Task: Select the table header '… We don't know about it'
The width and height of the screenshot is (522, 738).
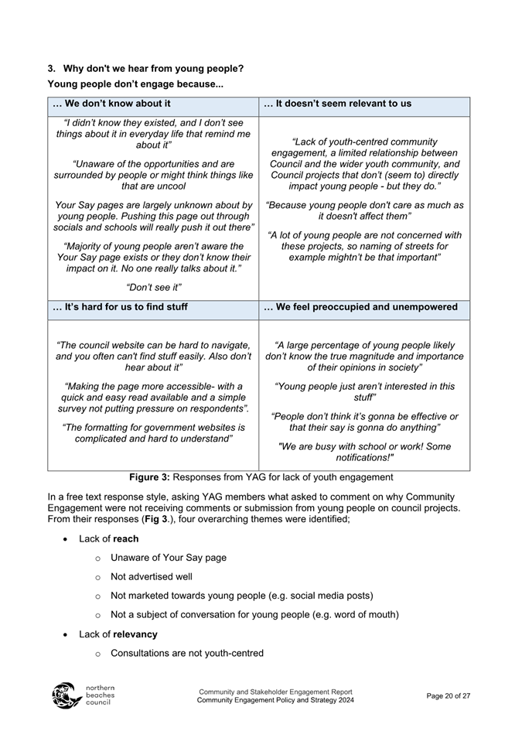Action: [x=111, y=104]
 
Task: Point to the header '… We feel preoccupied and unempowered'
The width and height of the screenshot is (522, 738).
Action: [x=360, y=307]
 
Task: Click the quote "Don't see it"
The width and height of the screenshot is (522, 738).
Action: [x=153, y=288]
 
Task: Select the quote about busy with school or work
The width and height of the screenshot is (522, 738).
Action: [x=363, y=451]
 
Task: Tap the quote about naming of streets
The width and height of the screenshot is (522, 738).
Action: [x=364, y=246]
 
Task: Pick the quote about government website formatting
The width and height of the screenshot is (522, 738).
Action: [x=153, y=432]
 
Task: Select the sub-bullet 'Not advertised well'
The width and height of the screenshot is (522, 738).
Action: [x=152, y=576]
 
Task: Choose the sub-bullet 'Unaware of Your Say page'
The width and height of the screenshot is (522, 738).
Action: [x=168, y=557]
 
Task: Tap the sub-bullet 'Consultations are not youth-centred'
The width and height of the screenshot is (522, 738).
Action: [x=186, y=653]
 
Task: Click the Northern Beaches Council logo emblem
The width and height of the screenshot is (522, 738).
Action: [x=67, y=696]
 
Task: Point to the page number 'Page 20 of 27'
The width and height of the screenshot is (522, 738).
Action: [x=449, y=696]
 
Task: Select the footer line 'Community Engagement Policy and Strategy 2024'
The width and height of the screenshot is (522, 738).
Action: [x=275, y=700]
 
